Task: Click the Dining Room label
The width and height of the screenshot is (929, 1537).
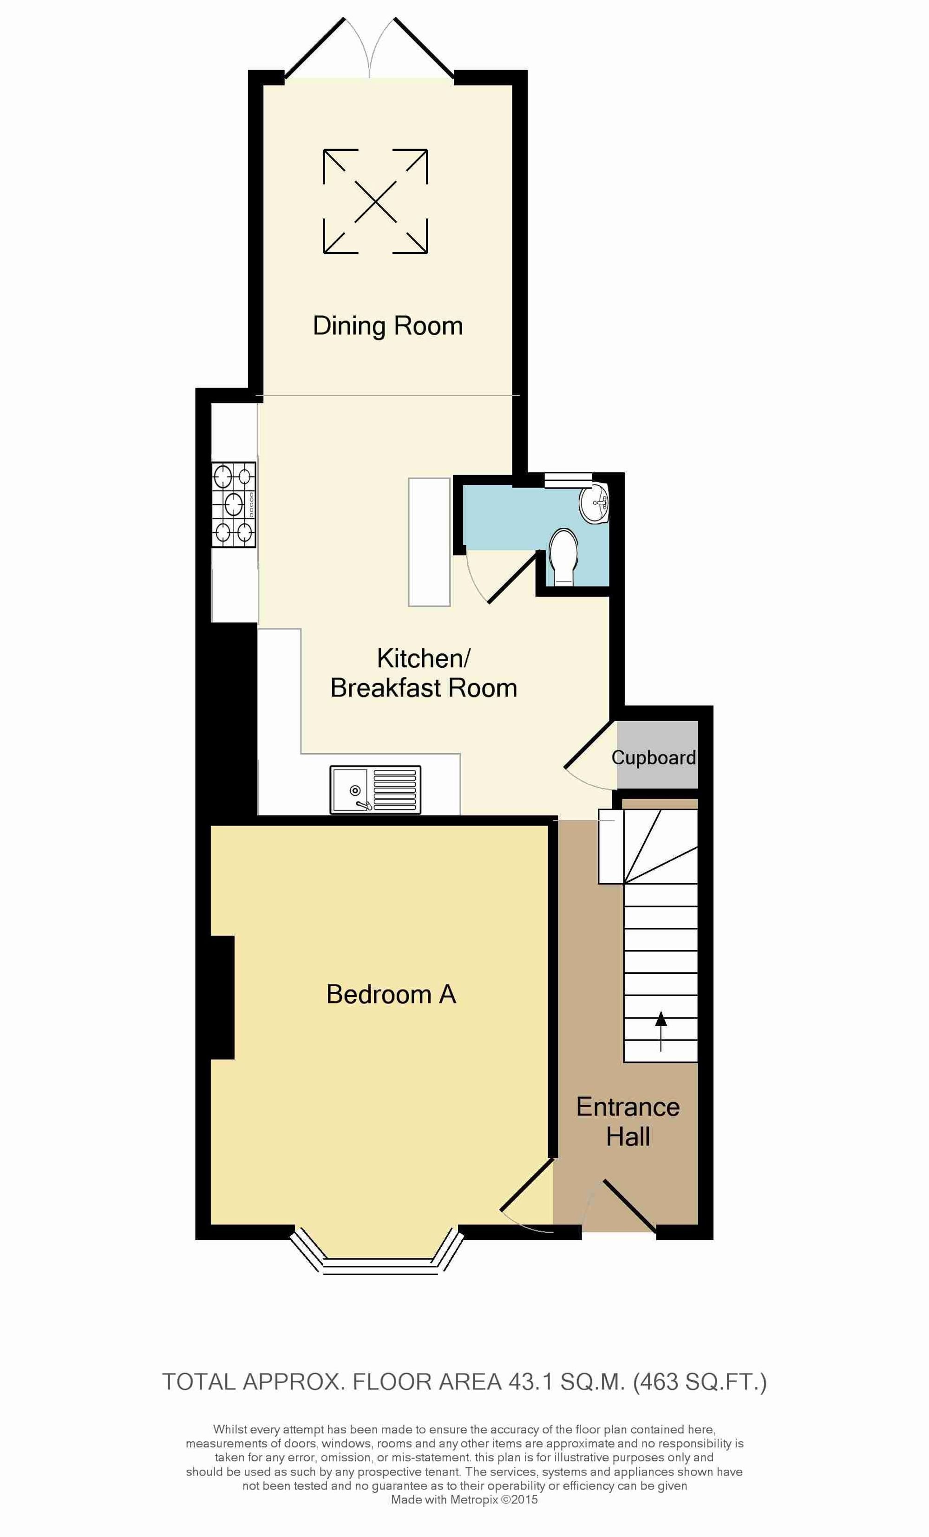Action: [387, 326]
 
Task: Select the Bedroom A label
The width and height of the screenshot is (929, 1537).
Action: [391, 994]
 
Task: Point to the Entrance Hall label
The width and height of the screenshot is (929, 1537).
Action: [628, 1121]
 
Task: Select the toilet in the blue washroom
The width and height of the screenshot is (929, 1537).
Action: [563, 558]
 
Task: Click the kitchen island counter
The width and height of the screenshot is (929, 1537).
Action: [429, 541]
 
